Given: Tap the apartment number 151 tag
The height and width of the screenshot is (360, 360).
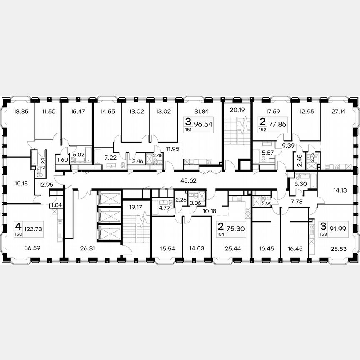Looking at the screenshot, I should [x=189, y=129].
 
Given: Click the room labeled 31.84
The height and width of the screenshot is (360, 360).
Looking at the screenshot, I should [x=201, y=111].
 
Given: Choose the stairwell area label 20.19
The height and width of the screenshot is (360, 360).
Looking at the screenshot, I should [x=237, y=110].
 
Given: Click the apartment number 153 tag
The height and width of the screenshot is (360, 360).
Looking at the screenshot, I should [x=323, y=234].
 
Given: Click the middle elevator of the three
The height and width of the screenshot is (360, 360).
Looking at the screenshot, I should [x=109, y=215].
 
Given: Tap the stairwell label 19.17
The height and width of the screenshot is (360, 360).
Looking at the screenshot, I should [x=131, y=206].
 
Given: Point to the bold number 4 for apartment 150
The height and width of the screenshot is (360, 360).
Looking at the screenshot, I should [x=18, y=226].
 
